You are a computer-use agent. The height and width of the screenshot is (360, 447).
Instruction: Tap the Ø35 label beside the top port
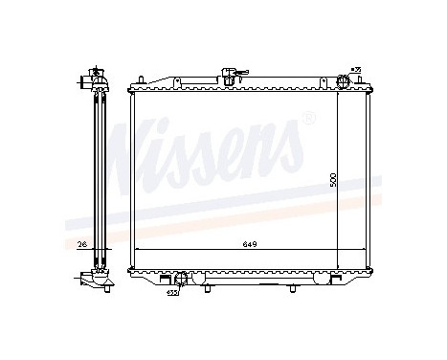tap(355, 70)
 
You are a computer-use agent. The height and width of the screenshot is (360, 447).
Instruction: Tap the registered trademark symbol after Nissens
tap(307, 119)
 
